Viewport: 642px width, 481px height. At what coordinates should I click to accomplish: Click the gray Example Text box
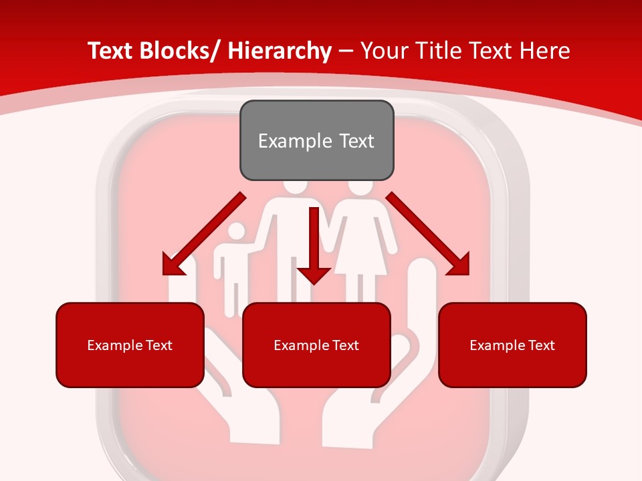tap(316, 140)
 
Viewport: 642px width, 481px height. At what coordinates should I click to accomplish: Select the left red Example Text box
tap(130, 345)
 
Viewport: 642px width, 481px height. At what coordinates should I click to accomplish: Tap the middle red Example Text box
tap(316, 345)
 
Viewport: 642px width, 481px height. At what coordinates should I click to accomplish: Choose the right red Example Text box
tap(512, 345)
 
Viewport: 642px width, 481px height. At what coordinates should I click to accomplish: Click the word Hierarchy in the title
tap(280, 51)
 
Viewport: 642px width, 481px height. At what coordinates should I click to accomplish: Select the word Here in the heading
tap(544, 51)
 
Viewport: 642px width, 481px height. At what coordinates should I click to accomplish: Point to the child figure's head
tap(236, 233)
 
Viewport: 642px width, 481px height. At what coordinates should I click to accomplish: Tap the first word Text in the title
tap(110, 51)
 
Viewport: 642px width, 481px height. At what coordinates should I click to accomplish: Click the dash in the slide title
tap(346, 51)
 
